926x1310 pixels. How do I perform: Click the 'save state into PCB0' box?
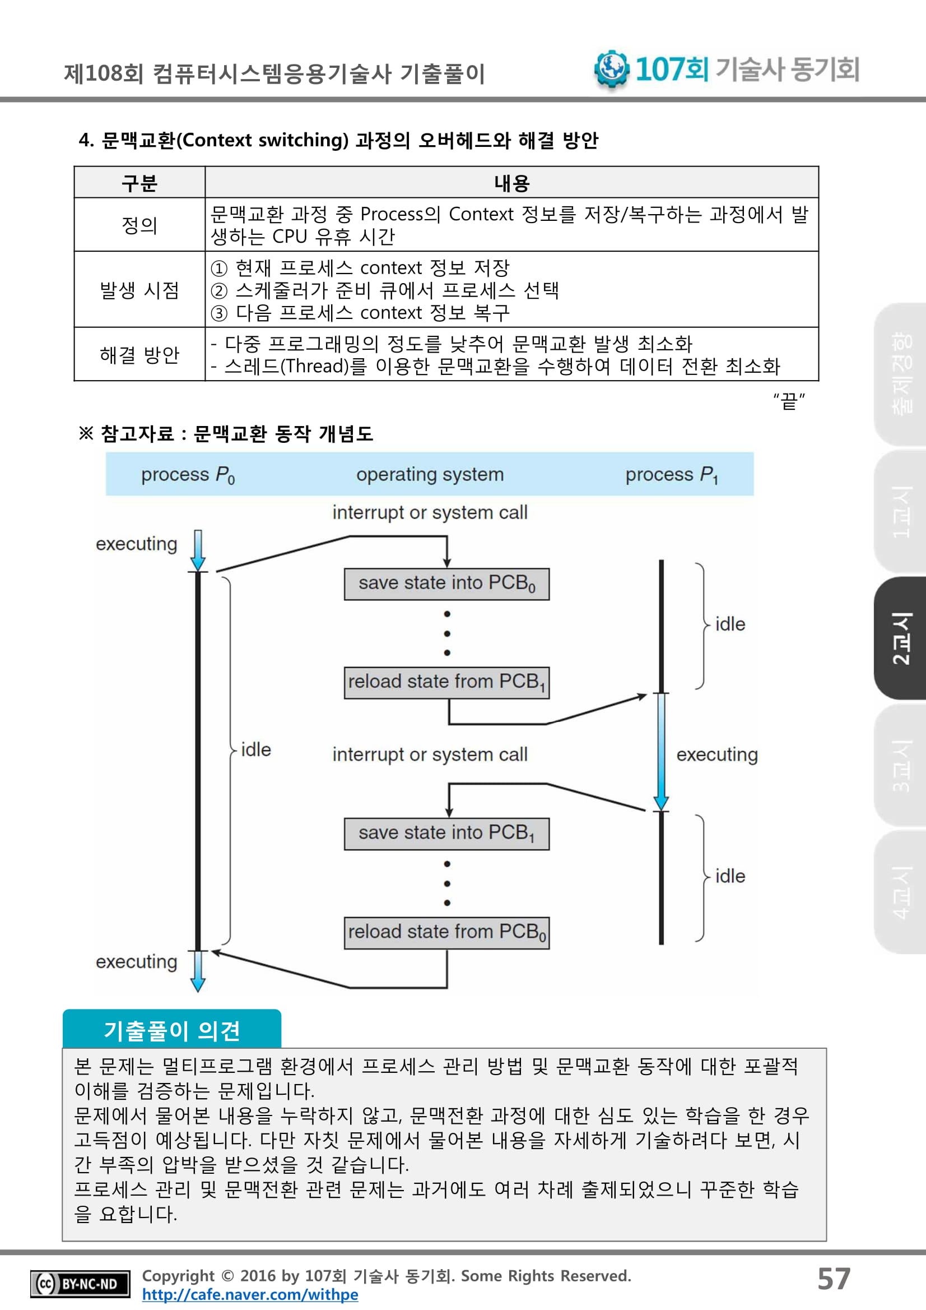tap(446, 584)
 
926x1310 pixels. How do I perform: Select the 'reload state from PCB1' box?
tap(446, 682)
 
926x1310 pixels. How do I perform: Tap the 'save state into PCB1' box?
tap(446, 834)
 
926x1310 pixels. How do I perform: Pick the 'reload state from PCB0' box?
tap(446, 932)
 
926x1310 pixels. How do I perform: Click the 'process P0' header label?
tap(188, 475)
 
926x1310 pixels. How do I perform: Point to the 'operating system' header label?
tap(430, 475)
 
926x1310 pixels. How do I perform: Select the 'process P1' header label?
tap(671, 475)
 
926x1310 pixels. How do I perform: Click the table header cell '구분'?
tap(139, 183)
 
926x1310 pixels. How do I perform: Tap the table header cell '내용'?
tap(511, 183)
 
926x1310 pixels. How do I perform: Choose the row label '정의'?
tap(139, 225)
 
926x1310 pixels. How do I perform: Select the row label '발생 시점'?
tap(139, 290)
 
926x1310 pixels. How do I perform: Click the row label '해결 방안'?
tap(139, 355)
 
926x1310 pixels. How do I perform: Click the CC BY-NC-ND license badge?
tap(80, 1284)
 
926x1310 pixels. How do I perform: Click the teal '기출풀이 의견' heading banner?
tap(171, 1030)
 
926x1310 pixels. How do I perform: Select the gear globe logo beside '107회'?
tap(611, 68)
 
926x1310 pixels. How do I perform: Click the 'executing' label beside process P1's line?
tap(716, 755)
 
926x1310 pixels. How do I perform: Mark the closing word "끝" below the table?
tap(789, 401)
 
